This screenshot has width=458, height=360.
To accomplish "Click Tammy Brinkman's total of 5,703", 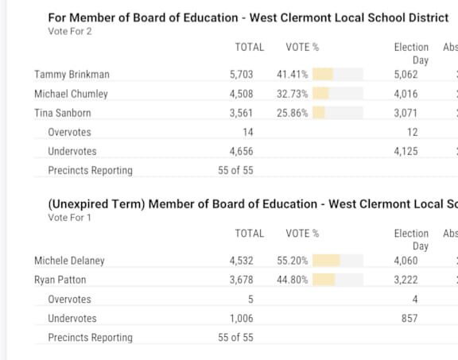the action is (241, 75).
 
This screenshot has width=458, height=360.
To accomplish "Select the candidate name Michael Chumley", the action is (71, 94).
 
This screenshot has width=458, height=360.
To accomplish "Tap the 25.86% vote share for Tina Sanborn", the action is (293, 113).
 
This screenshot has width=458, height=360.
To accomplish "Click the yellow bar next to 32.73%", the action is (320, 94).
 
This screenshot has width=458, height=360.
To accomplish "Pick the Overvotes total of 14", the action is (248, 132).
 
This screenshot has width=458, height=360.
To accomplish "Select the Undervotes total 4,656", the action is (241, 151).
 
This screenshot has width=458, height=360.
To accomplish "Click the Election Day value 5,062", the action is (406, 75).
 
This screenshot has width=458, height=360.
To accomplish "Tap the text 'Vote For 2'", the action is (70, 31).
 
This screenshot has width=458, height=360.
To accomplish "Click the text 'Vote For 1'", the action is (69, 218).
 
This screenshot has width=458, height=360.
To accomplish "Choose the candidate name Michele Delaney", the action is (69, 261).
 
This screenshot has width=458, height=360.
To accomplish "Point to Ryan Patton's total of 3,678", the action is (241, 280).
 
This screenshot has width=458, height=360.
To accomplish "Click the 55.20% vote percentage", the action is (293, 261).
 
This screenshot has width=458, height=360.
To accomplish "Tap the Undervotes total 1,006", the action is (241, 318).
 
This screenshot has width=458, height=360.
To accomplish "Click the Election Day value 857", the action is (409, 318).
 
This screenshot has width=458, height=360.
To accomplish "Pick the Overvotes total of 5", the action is (250, 300).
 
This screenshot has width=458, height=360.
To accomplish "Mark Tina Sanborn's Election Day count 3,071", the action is (406, 113).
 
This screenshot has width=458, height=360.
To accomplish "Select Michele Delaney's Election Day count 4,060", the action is (406, 261).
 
